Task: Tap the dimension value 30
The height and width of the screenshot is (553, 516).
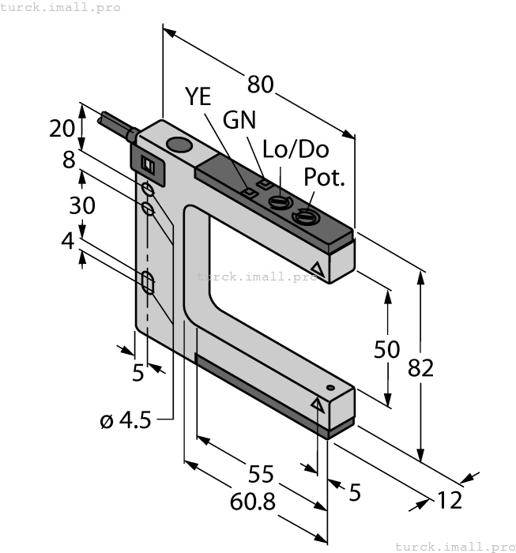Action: tap(82, 205)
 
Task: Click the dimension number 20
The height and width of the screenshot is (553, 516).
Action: tap(62, 128)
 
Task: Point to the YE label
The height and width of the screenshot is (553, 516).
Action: tap(199, 97)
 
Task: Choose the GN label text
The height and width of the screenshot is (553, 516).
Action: tap(239, 120)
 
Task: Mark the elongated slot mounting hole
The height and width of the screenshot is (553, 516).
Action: tap(148, 282)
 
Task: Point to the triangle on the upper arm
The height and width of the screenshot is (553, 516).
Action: tap(318, 269)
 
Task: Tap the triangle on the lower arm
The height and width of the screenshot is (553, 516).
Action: tap(318, 404)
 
